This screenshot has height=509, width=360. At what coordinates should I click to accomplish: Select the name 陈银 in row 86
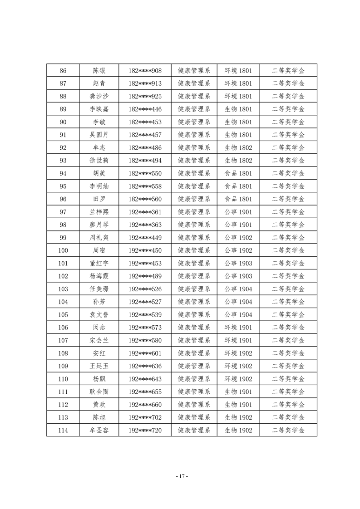99,71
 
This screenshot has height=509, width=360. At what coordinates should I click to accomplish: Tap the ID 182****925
145,97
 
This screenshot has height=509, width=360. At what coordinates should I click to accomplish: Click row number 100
63,250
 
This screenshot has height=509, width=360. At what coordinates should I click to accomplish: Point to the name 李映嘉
99,109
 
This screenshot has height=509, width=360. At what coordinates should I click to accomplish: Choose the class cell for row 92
238,148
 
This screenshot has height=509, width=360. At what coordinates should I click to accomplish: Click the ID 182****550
145,173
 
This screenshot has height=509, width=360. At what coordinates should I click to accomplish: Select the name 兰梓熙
99,212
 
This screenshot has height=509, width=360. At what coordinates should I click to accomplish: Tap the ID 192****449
145,238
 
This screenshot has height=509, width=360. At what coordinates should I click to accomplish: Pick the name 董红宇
99,264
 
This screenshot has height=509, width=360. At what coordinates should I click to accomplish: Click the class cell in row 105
238,315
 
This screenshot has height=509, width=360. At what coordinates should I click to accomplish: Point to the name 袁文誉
99,315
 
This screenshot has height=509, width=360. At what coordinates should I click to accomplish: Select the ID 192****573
145,328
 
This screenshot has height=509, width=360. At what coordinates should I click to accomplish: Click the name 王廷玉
99,366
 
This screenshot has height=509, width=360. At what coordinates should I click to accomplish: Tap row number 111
63,392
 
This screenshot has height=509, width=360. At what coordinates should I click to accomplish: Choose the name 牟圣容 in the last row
99,431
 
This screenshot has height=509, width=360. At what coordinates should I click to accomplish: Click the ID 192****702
145,417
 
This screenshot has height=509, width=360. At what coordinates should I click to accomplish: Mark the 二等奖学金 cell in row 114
288,431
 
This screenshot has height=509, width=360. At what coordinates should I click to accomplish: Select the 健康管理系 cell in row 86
194,71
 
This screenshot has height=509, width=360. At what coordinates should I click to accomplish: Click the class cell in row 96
238,199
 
